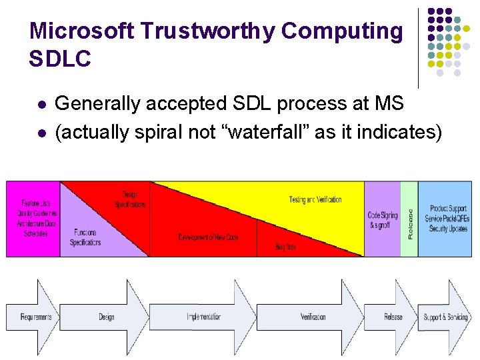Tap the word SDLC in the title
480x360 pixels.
coord(60,59)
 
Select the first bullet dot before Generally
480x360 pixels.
coord(42,105)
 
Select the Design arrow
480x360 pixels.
coord(107,317)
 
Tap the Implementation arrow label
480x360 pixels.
coord(204,317)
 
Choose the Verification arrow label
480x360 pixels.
coord(313,317)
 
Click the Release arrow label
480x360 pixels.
coord(393,317)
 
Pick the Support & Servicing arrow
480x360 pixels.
coord(446,317)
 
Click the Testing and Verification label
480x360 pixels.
coord(315,199)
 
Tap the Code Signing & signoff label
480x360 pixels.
coord(383,220)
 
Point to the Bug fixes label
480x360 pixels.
coord(285,247)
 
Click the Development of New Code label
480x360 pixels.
coord(208,237)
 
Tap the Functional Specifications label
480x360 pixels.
coord(85,237)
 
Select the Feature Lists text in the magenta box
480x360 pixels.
coord(35,203)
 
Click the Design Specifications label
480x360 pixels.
coord(130,199)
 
